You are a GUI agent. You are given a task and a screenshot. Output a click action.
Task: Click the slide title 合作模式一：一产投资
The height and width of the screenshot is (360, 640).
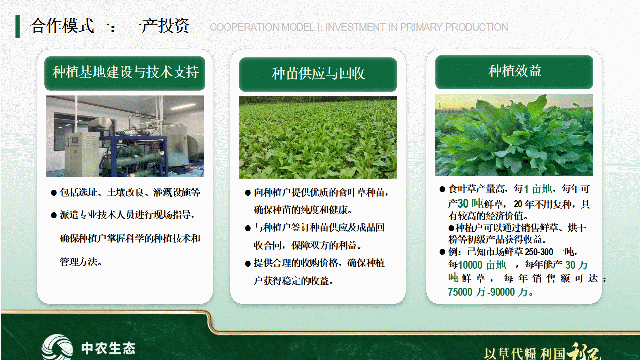[109, 26]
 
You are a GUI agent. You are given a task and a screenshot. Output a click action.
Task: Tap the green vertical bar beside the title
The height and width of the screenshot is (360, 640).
[18, 26]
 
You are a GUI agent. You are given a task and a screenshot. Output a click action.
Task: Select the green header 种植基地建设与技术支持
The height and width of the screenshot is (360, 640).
[125, 73]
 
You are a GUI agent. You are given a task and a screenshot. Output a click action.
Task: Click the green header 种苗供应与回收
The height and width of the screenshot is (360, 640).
[318, 74]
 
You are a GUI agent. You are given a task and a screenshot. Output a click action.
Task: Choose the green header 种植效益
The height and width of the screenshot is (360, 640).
[514, 72]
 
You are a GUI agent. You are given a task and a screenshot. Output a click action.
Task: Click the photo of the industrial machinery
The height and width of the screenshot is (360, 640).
[125, 136]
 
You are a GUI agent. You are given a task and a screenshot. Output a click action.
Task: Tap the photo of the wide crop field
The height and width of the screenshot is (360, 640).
[318, 137]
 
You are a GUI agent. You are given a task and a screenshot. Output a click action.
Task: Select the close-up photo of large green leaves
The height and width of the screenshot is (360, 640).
[514, 135]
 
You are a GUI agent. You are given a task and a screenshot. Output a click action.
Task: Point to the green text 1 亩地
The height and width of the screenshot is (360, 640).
[538, 189]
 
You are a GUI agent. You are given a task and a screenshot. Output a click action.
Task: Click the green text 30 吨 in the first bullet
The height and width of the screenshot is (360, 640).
[470, 203]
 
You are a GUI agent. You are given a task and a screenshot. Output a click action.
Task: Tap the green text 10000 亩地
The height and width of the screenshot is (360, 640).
[482, 265]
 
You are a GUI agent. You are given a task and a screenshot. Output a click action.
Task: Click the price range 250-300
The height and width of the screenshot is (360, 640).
[539, 252]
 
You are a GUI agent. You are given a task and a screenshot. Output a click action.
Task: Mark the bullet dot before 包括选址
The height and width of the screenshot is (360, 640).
[54, 193]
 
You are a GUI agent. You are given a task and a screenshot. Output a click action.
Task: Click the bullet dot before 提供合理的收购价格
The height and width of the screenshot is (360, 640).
[248, 264]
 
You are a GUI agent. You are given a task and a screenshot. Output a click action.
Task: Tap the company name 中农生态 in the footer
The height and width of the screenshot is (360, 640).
[108, 348]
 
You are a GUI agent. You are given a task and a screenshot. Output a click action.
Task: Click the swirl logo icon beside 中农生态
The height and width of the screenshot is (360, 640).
[57, 347]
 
